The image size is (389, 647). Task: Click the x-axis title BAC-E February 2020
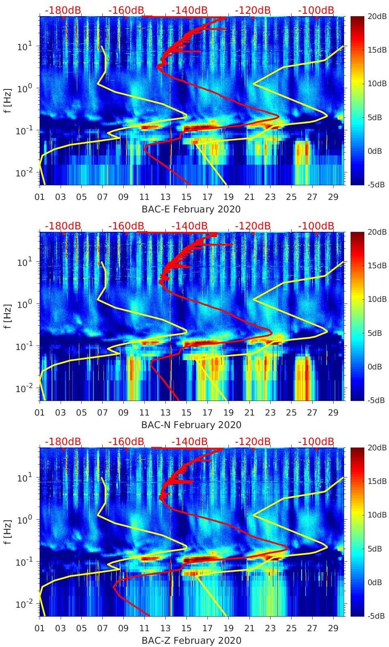[x=191, y=209]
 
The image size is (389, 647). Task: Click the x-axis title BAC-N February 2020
[x=191, y=425]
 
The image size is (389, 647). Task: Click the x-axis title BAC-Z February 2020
[x=191, y=641]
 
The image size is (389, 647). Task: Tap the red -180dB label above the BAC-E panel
[x=63, y=10]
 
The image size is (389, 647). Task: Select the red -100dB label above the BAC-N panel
[x=316, y=226]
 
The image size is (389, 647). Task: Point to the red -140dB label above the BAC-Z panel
[x=189, y=441]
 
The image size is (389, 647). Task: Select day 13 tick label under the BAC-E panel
[x=165, y=197]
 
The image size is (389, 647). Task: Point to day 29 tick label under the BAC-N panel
[x=333, y=413]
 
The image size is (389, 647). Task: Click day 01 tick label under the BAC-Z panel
[x=40, y=628]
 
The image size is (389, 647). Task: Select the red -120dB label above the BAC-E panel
[x=253, y=10]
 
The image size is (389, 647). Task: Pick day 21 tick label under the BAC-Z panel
[x=249, y=628]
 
